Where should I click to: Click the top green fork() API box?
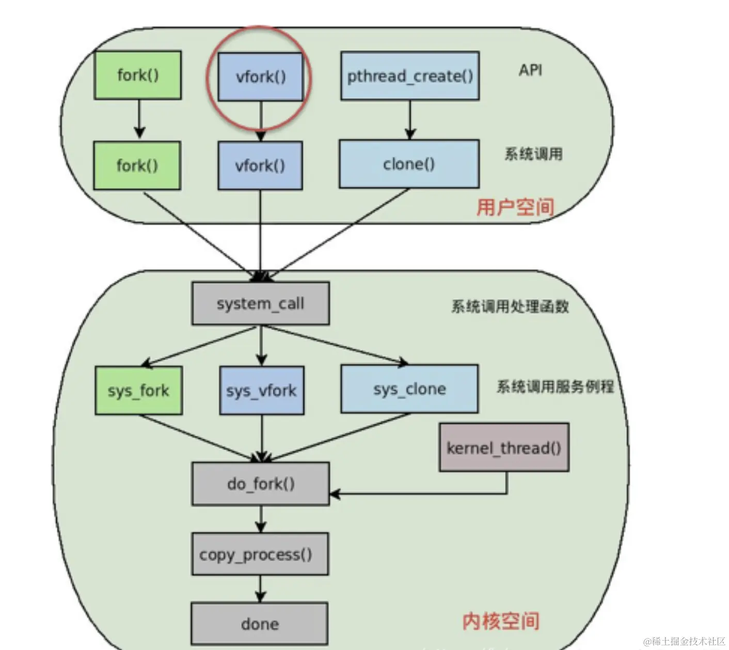(x=137, y=75)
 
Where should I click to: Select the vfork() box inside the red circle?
(x=260, y=77)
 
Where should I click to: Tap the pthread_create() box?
(x=410, y=76)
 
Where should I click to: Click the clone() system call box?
(x=409, y=164)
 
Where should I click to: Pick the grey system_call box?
(x=260, y=303)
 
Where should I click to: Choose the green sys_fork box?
(x=138, y=391)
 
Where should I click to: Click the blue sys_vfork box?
(x=261, y=391)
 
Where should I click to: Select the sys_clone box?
(x=409, y=389)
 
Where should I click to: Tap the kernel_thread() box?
(x=504, y=447)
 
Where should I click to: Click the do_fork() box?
(x=260, y=484)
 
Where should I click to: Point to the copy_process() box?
(x=260, y=554)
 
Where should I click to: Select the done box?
(x=259, y=624)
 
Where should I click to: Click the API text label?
(x=530, y=70)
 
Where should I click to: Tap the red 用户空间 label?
(x=515, y=207)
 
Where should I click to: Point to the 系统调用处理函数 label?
(x=510, y=307)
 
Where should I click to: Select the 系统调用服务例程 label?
(x=555, y=386)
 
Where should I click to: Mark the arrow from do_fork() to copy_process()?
(x=260, y=519)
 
